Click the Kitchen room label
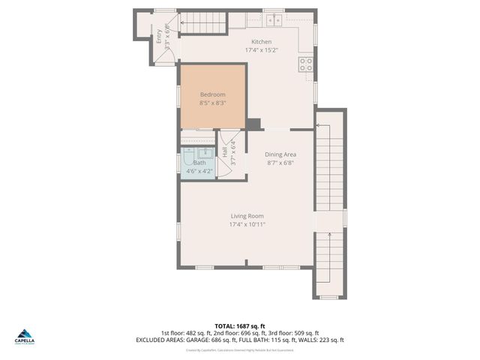pos(262,41)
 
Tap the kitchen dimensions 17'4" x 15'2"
pos(262,50)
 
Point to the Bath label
pos(199,163)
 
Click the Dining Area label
pos(280,154)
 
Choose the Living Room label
pos(247,215)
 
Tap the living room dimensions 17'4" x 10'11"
pos(247,224)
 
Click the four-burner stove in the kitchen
pos(306,64)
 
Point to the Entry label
pos(159,36)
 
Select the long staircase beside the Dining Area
pos(329,202)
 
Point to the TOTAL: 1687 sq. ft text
pos(240,325)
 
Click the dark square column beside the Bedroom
pos(253,124)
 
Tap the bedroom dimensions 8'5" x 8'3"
pos(212,103)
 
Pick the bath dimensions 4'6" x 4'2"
pos(199,171)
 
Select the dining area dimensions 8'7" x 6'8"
pos(280,162)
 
